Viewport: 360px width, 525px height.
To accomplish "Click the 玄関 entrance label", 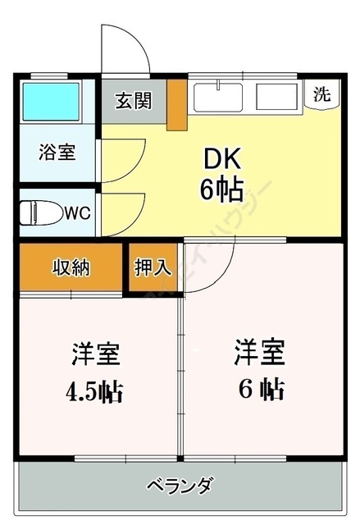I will click(x=134, y=101).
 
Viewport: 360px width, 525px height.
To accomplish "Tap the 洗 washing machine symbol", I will click(x=323, y=93).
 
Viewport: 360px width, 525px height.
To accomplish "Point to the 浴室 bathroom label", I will click(x=57, y=152).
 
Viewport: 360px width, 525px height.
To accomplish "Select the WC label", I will click(x=78, y=213).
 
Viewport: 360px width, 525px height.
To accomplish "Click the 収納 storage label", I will click(x=71, y=267).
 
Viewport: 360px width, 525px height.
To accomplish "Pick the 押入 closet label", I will click(x=153, y=268).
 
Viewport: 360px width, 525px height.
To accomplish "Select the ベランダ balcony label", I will click(x=180, y=484).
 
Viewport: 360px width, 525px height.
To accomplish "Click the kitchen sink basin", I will click(x=219, y=96).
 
